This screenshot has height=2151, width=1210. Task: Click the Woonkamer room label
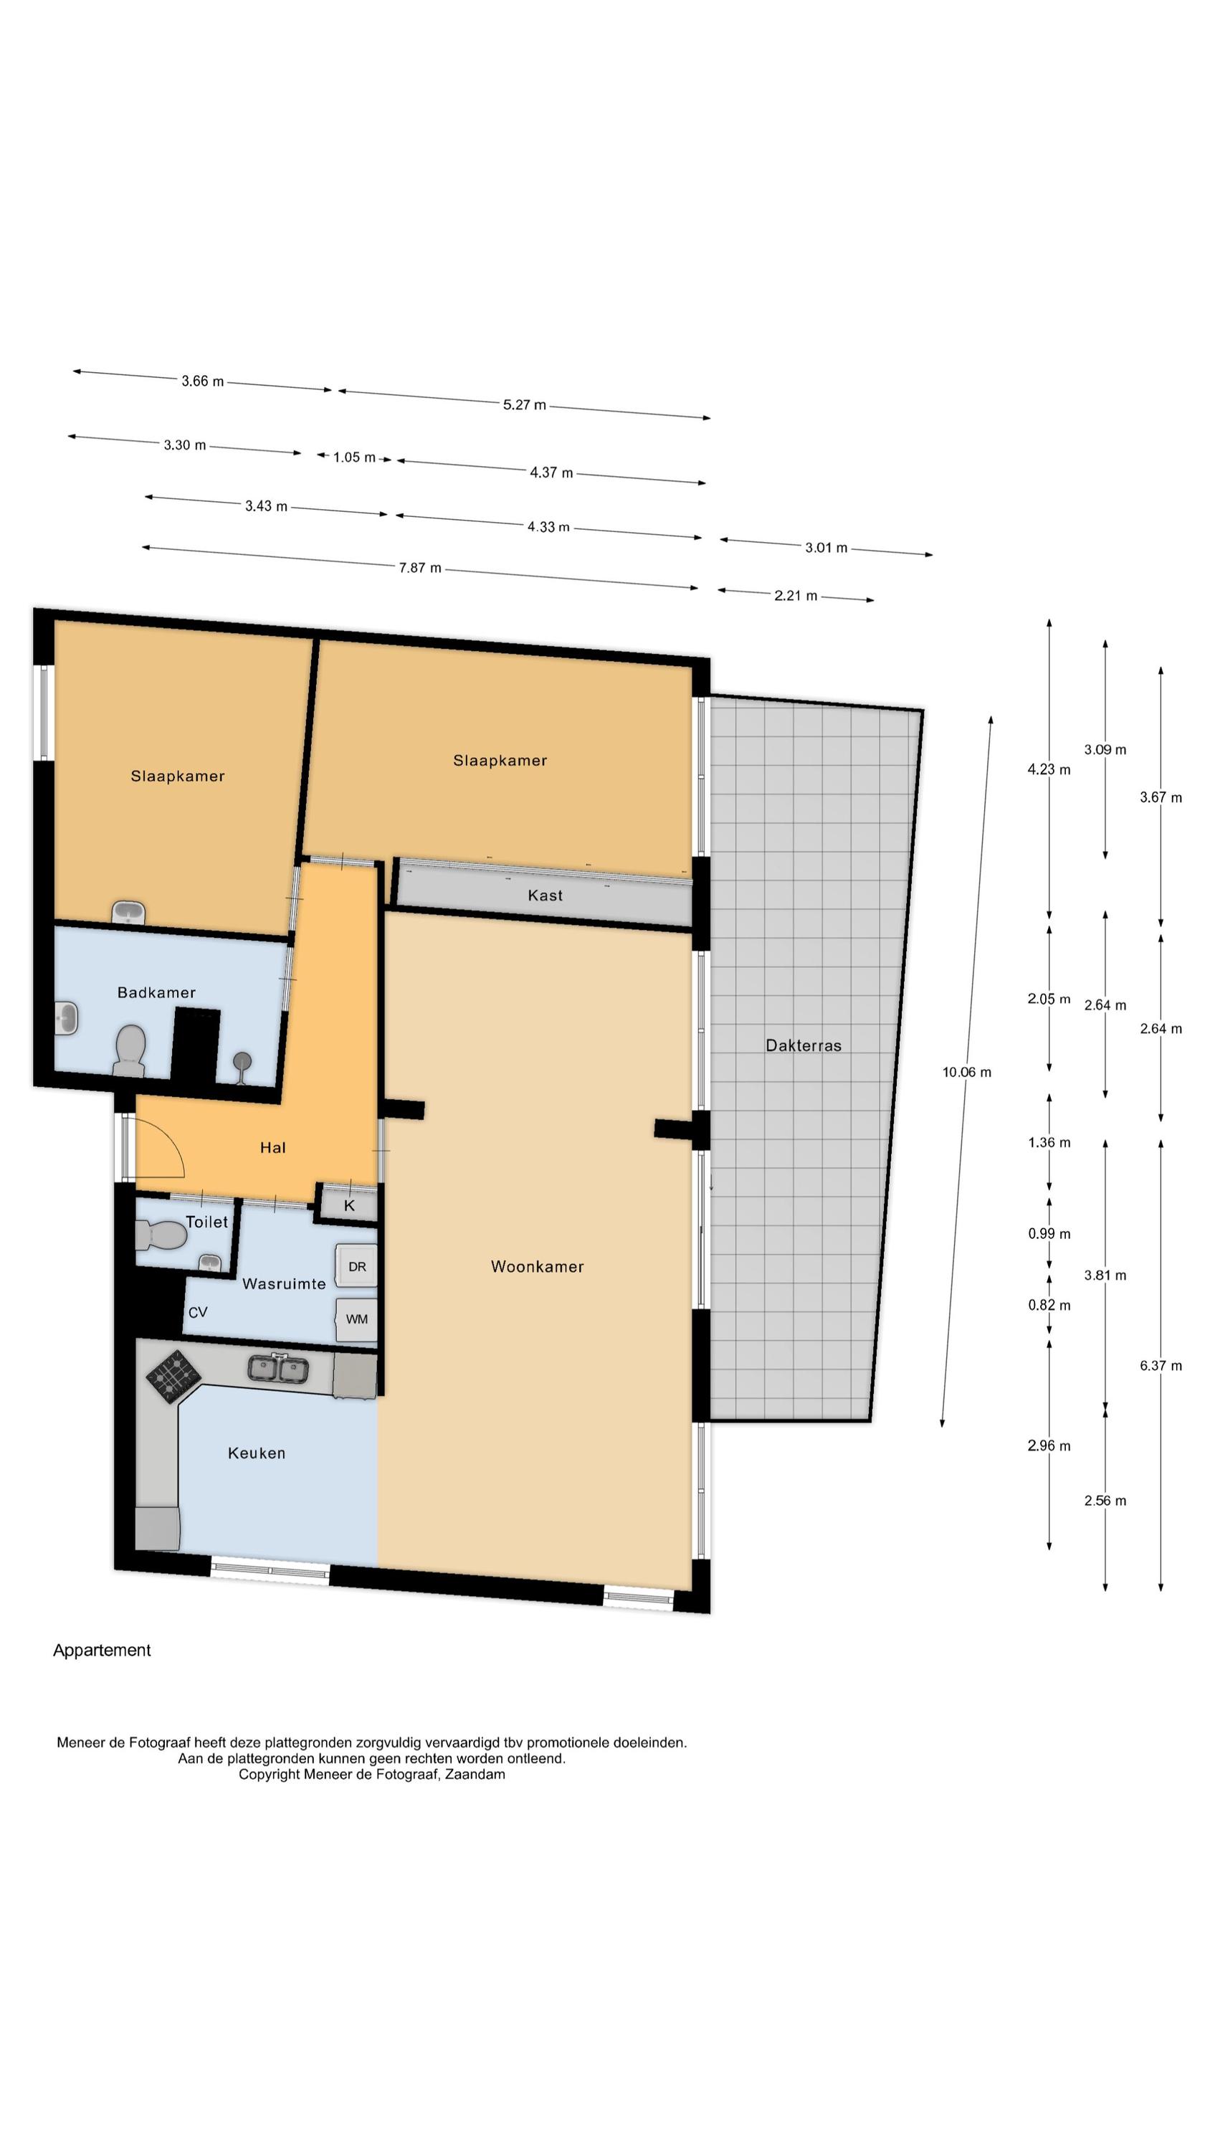(x=537, y=1266)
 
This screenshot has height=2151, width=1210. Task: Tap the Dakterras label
(x=804, y=1045)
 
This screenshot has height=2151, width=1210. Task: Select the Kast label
(x=546, y=895)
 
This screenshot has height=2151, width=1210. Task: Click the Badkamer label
(x=156, y=992)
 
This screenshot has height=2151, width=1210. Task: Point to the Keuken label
(x=257, y=1453)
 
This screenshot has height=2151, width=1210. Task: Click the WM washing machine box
(x=356, y=1319)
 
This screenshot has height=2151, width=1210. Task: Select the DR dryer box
(x=356, y=1266)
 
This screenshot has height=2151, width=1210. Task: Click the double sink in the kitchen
(x=278, y=1368)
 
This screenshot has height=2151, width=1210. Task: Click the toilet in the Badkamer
(x=130, y=1050)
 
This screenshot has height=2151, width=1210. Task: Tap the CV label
(x=198, y=1313)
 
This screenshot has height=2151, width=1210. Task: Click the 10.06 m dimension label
(x=967, y=1072)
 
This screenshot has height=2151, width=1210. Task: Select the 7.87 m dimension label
(x=420, y=568)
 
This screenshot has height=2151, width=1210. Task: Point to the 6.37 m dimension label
(x=1161, y=1366)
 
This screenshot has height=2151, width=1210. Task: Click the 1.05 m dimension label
(x=354, y=457)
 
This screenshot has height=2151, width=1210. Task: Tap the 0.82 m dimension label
(x=1049, y=1305)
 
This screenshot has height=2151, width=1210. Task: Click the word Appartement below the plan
(x=102, y=1650)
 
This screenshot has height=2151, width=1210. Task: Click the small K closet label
(x=349, y=1205)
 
